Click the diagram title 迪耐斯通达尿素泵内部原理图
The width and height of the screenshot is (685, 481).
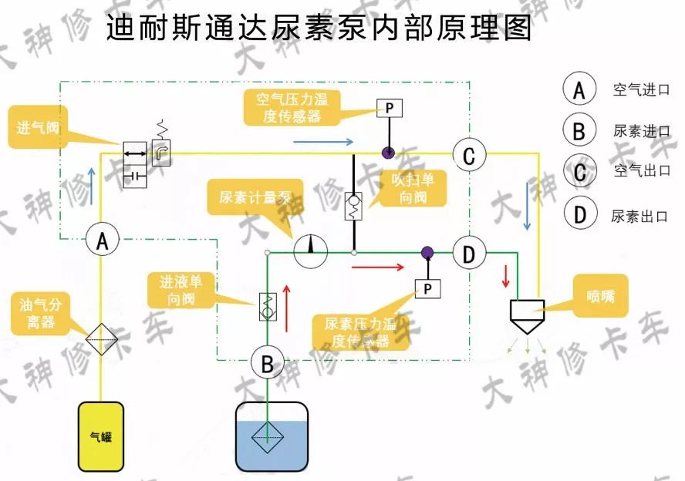pyautogui.click(x=319, y=29)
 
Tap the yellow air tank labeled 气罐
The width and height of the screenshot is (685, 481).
pyautogui.click(x=101, y=436)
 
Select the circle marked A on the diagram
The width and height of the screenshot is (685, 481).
pyautogui.click(x=101, y=240)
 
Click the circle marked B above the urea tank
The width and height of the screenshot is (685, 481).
pyautogui.click(x=267, y=363)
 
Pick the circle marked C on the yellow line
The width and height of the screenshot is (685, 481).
pyautogui.click(x=468, y=156)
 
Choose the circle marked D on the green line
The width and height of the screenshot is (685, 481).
pyautogui.click(x=468, y=253)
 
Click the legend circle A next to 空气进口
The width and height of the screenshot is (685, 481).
pyautogui.click(x=579, y=89)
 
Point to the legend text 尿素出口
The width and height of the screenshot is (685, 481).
pyautogui.click(x=639, y=217)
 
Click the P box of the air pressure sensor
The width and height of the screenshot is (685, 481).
pyautogui.click(x=390, y=109)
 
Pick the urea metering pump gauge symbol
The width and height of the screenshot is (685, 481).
pyautogui.click(x=310, y=251)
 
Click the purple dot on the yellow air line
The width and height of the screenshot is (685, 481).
pyautogui.click(x=390, y=153)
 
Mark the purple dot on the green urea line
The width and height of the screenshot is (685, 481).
pyautogui.click(x=426, y=252)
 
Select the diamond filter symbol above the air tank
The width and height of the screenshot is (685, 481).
pyautogui.click(x=101, y=338)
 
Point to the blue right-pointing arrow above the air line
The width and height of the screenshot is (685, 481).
pyautogui.click(x=323, y=141)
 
